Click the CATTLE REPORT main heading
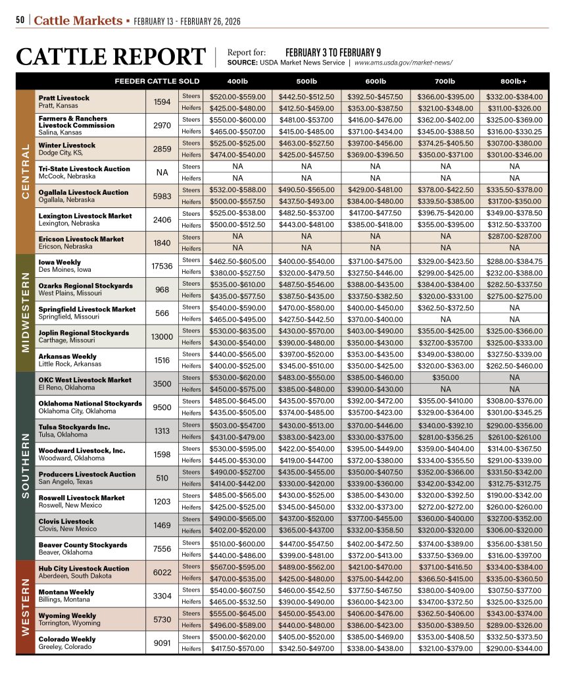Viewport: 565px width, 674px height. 111,57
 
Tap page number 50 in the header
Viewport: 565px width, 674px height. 20,21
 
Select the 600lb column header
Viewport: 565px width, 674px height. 375,81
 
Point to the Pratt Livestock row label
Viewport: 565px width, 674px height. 64,98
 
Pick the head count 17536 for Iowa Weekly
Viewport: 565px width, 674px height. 161,266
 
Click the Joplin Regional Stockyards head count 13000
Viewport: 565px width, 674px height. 161,336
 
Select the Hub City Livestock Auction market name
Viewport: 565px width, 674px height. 84,568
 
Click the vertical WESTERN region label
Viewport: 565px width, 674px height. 26,607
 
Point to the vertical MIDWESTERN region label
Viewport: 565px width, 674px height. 26,313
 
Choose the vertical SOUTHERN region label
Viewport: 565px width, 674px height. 26,465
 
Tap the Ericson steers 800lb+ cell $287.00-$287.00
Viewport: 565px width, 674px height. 514,236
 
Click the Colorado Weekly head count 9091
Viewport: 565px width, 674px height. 161,643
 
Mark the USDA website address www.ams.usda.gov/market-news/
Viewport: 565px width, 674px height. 403,63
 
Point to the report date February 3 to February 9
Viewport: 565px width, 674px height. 333,52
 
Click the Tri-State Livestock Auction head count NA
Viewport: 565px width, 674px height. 161,172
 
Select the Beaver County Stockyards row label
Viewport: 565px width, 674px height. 83,545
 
